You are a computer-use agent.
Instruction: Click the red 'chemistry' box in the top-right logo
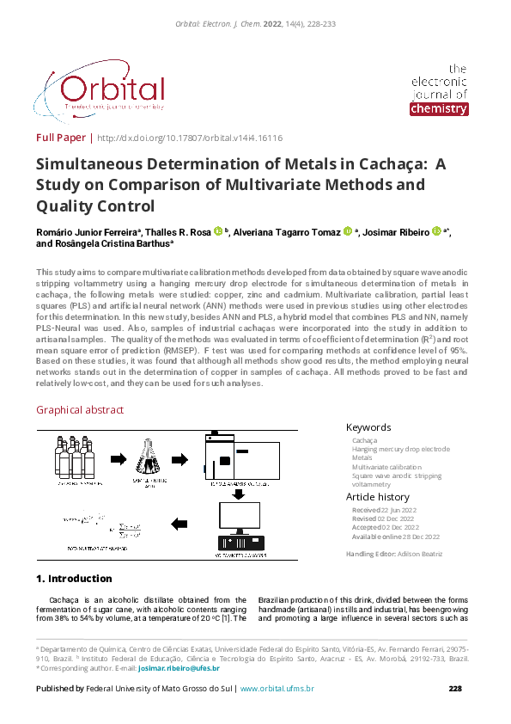(439, 109)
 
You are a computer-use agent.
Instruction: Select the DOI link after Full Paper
(190, 138)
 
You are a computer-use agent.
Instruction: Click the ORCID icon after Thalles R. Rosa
(218, 230)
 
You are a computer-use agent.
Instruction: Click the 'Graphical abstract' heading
(80, 410)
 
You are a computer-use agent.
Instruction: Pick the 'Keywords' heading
(368, 427)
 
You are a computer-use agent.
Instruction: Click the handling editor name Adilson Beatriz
(419, 554)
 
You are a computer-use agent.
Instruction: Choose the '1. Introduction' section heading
(74, 579)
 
